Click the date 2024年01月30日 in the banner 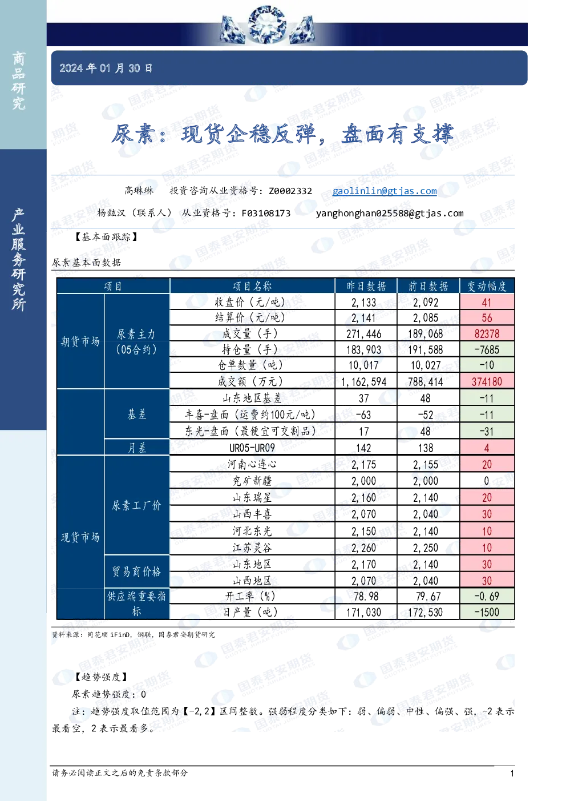(x=106, y=68)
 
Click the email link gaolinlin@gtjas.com (x=385, y=191)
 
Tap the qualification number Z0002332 (x=290, y=191)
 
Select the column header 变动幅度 (x=487, y=285)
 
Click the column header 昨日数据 (x=366, y=285)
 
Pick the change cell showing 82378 (x=487, y=333)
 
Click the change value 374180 (x=487, y=381)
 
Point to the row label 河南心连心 (x=252, y=464)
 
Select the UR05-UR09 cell (x=252, y=448)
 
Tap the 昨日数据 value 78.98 (x=366, y=596)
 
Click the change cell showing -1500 (x=487, y=612)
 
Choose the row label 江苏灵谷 (x=252, y=548)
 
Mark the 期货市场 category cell (x=80, y=341)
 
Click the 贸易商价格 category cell (x=137, y=571)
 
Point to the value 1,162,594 (x=364, y=381)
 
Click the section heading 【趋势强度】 (x=101, y=677)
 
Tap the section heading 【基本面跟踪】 (x=106, y=237)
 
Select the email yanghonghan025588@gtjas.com (x=390, y=214)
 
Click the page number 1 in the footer (x=512, y=774)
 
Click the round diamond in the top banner (x=266, y=25)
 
